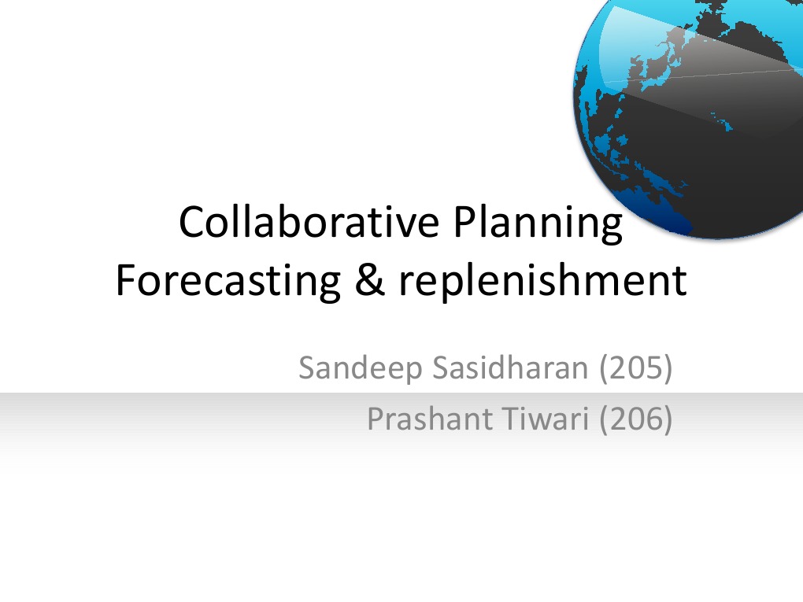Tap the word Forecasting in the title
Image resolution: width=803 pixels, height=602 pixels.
coord(227,281)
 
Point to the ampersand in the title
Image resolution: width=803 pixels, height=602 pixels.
coord(367,281)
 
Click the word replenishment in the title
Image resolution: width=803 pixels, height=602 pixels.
coord(542,281)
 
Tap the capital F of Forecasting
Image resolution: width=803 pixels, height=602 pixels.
coord(124,281)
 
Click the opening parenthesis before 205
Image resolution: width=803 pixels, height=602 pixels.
coord(604,368)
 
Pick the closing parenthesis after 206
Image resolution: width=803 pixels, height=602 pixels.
coord(668,420)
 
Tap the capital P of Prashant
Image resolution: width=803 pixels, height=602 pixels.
coord(376,419)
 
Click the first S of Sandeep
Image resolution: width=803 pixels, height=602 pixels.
coord(307,367)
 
